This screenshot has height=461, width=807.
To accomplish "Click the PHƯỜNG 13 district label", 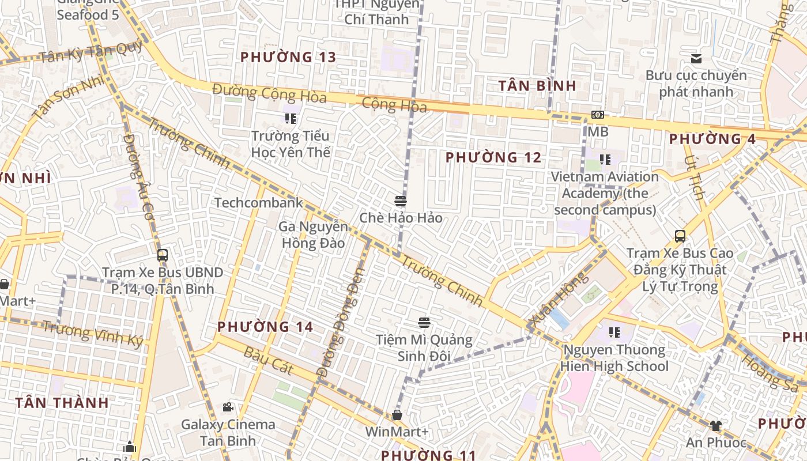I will tap(288, 57).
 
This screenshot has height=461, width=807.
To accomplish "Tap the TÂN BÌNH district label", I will tap(537, 86).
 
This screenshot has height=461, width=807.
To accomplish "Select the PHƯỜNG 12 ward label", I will tap(493, 157).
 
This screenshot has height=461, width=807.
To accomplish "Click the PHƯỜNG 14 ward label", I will tap(265, 327).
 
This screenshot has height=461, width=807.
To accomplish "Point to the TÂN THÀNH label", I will tap(62, 403).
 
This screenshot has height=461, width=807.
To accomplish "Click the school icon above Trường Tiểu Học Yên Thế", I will tap(291, 119).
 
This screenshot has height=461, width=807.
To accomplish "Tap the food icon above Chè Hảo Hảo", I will tap(401, 201).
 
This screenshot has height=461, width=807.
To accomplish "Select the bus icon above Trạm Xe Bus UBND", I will tap(163, 255).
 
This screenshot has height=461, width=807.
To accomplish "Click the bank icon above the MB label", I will tap(598, 115).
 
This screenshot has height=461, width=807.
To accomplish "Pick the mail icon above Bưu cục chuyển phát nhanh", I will tap(696, 58).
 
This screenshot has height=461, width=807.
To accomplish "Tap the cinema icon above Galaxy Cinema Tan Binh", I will tap(228, 407).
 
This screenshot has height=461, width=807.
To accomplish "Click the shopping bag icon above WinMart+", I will tap(397, 415).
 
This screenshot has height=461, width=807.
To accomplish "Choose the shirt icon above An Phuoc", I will tap(715, 426).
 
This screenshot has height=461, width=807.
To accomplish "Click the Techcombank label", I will tap(258, 203).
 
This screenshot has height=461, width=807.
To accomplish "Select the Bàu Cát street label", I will tap(268, 361).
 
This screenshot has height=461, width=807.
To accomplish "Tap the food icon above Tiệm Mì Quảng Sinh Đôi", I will tap(424, 323).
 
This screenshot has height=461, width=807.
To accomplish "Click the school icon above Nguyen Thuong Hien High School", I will tap(614, 332).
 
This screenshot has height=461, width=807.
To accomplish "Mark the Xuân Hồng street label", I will tap(558, 301).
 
